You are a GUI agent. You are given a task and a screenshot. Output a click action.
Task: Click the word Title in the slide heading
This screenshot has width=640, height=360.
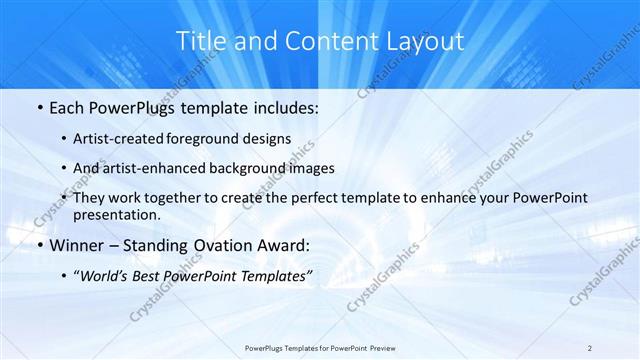pyautogui.click(x=198, y=41)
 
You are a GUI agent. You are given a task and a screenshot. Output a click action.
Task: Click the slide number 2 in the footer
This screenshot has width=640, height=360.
pyautogui.click(x=590, y=347)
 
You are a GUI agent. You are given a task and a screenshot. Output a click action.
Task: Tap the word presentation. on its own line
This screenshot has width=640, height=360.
pyautogui.click(x=116, y=215)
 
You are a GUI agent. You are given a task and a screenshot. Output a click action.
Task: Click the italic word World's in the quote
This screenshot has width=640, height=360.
pyautogui.click(x=105, y=277)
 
